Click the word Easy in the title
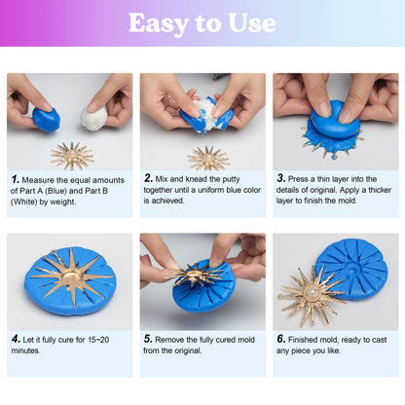point(161,23)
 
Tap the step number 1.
point(16,179)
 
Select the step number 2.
point(149,179)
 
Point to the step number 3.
point(281,179)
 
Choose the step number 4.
point(16,339)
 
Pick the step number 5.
point(149,339)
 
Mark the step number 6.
point(281,339)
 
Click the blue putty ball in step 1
point(45,119)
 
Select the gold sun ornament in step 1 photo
point(72,153)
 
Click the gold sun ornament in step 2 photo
point(207,156)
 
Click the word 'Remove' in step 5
point(175,339)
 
